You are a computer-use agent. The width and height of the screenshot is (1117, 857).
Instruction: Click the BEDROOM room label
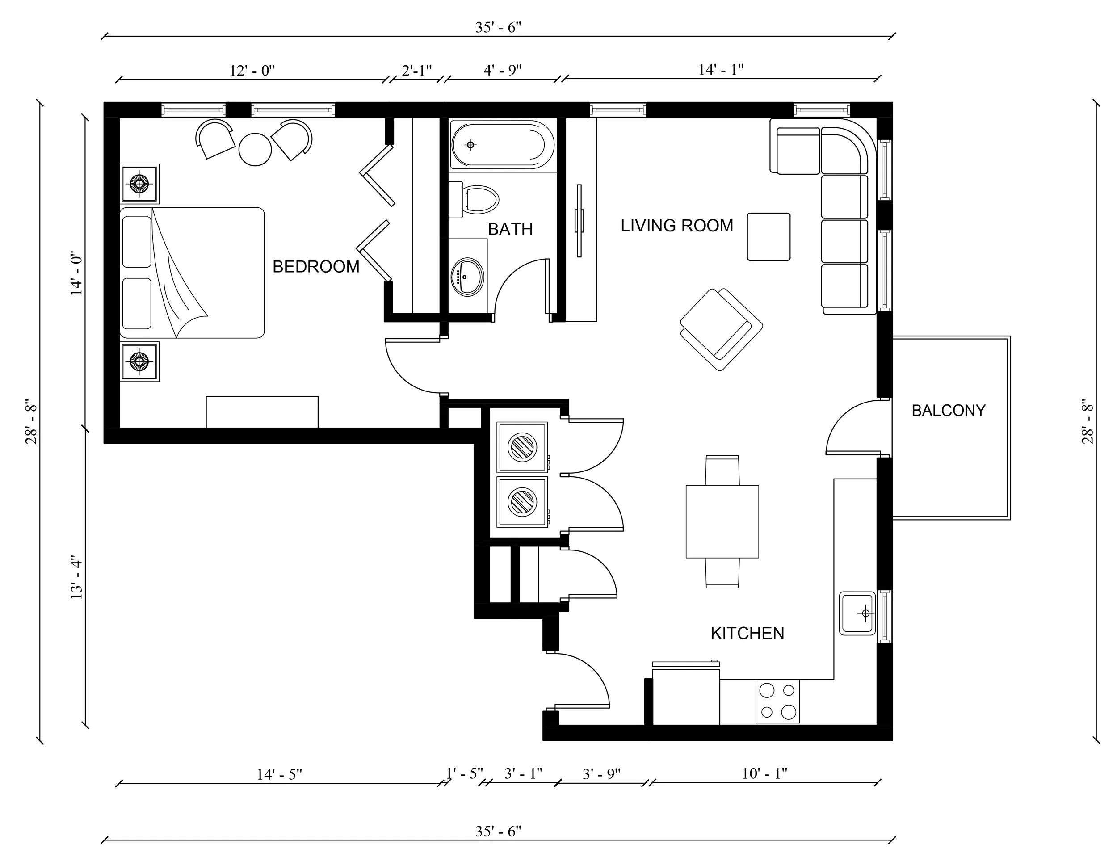[316, 266]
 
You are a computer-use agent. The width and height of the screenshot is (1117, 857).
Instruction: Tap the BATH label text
[510, 230]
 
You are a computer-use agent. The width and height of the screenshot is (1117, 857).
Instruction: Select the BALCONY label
[948, 411]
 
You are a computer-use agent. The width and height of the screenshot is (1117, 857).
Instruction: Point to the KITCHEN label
[747, 634]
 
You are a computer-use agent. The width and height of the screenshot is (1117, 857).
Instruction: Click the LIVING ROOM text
[677, 226]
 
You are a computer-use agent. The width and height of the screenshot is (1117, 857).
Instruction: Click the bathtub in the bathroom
[501, 145]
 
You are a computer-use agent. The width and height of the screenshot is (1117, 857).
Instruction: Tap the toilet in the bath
[479, 199]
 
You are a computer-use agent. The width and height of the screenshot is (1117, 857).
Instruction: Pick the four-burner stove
[777, 701]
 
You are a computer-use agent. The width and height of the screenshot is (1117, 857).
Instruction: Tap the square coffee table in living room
[768, 237]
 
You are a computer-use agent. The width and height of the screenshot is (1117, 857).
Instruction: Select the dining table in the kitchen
[722, 521]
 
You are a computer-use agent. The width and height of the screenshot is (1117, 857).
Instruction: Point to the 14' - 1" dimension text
[721, 70]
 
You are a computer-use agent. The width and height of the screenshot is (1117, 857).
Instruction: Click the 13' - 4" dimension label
[76, 577]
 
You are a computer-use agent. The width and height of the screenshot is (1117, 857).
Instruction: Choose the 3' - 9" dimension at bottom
[601, 774]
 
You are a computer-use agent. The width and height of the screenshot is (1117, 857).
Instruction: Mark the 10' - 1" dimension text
[764, 774]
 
